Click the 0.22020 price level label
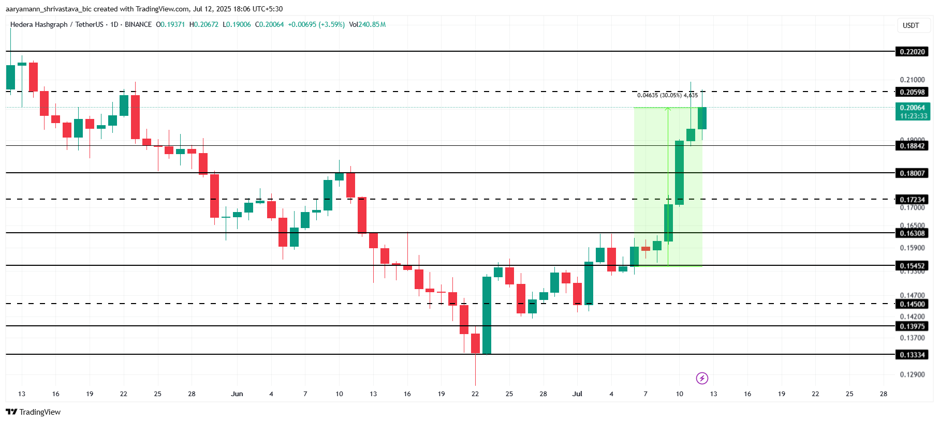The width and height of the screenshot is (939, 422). [912, 52]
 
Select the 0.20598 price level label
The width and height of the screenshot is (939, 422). [912, 92]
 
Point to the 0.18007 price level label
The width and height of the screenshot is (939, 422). [912, 173]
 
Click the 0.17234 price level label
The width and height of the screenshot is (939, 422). [912, 200]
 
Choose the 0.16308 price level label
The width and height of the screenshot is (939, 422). [912, 233]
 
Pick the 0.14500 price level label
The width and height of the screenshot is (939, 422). [912, 304]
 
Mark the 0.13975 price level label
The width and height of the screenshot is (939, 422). [912, 326]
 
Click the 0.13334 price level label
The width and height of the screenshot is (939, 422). [912, 355]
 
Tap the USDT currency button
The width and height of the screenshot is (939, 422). [911, 25]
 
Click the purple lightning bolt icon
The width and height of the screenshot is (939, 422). [702, 378]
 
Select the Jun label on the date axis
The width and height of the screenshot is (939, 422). [237, 394]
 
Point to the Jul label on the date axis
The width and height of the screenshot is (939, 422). [577, 394]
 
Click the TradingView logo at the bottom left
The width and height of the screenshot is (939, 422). [33, 412]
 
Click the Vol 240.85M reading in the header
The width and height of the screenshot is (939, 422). [367, 24]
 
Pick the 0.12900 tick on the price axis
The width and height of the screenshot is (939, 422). [912, 374]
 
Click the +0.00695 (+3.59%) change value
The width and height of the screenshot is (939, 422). [316, 24]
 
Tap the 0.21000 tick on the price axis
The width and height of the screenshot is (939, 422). [912, 80]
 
